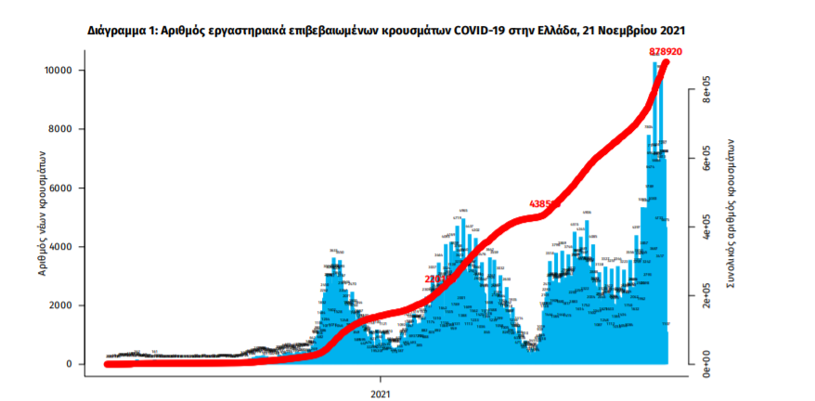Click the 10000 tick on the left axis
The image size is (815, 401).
[58, 71]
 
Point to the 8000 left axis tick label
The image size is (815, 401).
[61, 129]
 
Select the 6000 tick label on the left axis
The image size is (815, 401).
[61, 188]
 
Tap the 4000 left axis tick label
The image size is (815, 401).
[61, 246]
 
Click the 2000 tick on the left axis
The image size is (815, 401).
[61, 305]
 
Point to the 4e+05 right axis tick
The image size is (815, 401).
[705, 227]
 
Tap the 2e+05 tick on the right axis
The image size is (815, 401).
[705, 295]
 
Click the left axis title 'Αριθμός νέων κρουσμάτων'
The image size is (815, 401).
[43, 215]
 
